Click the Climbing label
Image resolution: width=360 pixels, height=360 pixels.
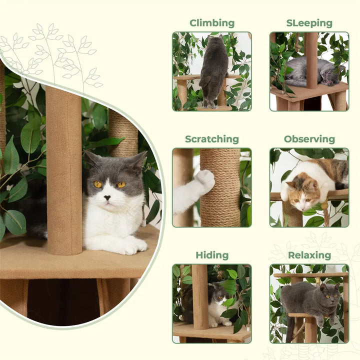211,23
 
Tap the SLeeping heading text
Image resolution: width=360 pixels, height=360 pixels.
309,23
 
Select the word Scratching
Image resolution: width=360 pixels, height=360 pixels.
211,139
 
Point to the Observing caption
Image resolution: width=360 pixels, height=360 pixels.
309,139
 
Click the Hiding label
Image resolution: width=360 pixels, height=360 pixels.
211,255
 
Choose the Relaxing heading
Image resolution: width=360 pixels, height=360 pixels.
309,255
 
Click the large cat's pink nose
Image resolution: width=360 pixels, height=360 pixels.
107,196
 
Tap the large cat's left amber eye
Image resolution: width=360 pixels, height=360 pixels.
97,184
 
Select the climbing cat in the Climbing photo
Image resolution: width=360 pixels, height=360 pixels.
214,70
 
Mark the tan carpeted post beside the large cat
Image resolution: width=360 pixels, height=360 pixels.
63,170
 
